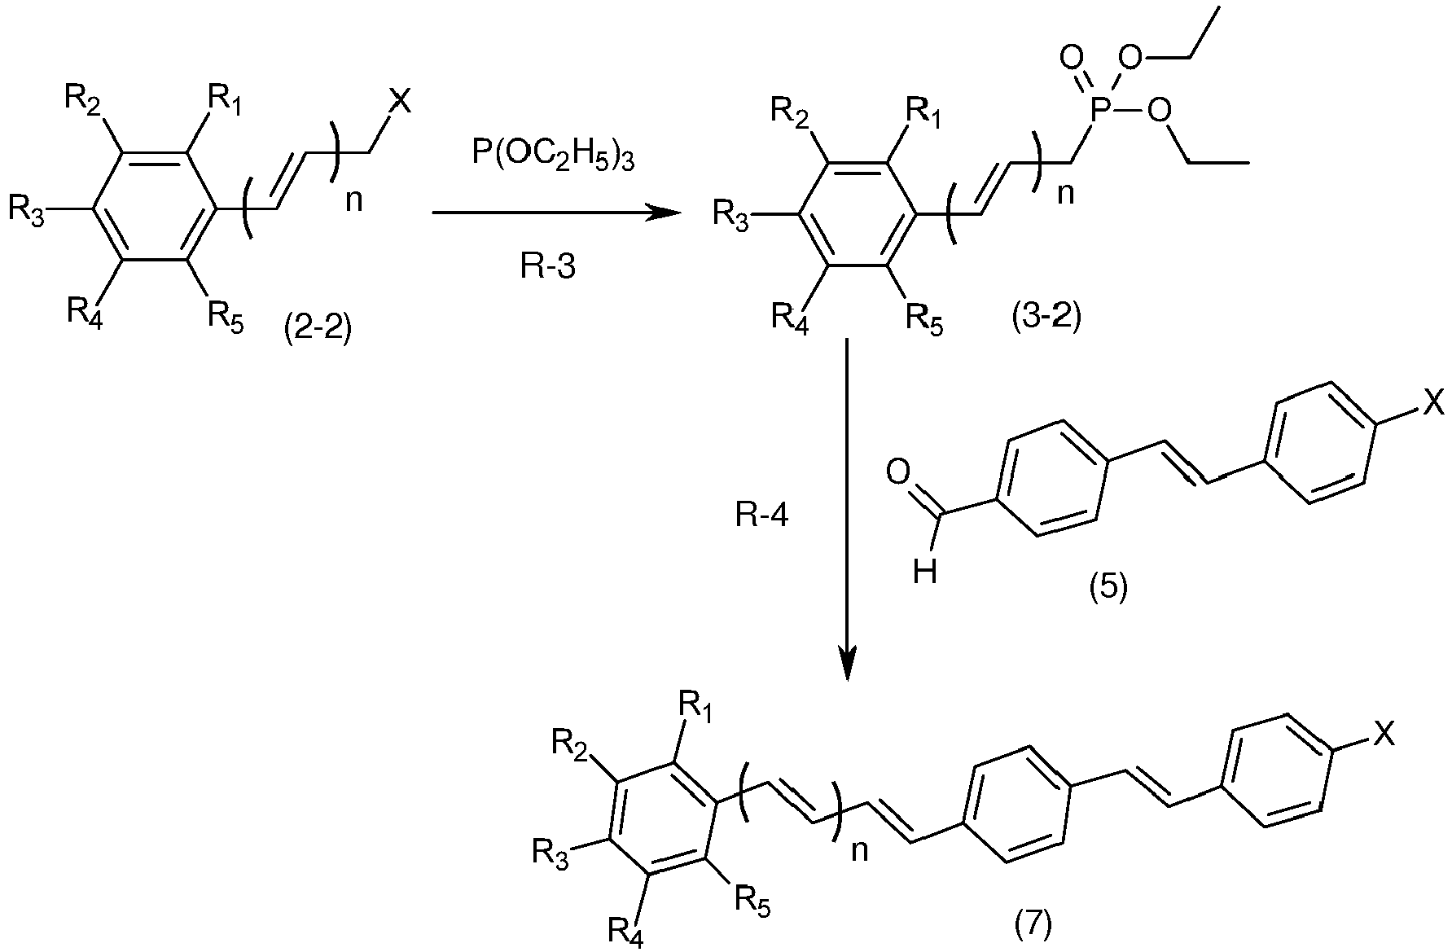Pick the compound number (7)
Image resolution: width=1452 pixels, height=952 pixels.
[x=1033, y=923]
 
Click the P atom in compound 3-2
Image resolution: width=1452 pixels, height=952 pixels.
[x=1099, y=111]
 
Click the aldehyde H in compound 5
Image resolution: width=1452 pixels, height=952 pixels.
[x=925, y=573]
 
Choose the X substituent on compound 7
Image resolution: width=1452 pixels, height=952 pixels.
[x=1384, y=735]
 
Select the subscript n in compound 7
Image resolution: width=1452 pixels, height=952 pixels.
[x=859, y=851]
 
